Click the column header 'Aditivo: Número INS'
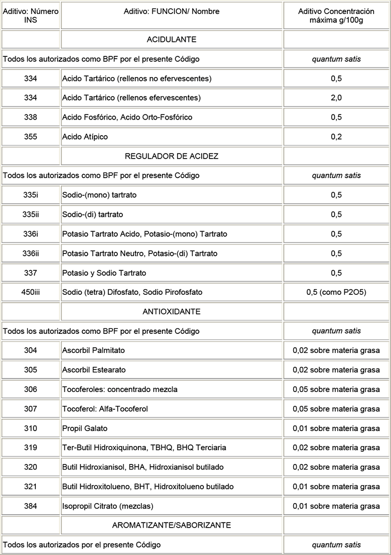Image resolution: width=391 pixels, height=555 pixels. pyautogui.click(x=31, y=15)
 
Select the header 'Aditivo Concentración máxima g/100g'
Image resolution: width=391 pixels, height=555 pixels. pyautogui.click(x=336, y=15)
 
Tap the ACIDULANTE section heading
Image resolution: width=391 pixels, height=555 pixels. pyautogui.click(x=171, y=40)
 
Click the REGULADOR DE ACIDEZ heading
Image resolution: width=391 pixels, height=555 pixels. pyautogui.click(x=171, y=156)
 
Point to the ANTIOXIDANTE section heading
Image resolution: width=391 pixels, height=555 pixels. pyautogui.click(x=171, y=312)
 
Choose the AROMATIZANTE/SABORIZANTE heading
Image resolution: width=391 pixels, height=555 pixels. pyautogui.click(x=171, y=525)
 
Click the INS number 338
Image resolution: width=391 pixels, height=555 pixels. pyautogui.click(x=31, y=117)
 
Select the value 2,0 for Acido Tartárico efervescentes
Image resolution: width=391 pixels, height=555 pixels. pyautogui.click(x=336, y=98)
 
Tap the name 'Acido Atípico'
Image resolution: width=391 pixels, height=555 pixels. pyautogui.click(x=85, y=137)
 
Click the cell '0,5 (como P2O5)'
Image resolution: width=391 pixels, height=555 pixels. pyautogui.click(x=336, y=292)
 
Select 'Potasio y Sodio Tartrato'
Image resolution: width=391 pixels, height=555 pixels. pyautogui.click(x=104, y=273)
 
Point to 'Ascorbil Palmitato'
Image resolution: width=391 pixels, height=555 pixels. pyautogui.click(x=94, y=350)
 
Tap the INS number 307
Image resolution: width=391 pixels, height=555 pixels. pyautogui.click(x=31, y=409)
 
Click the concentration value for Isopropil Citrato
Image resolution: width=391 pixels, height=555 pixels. pyautogui.click(x=336, y=506)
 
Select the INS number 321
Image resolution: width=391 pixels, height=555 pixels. pyautogui.click(x=31, y=487)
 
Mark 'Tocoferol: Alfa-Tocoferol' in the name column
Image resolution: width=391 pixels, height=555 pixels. pyautogui.click(x=105, y=409)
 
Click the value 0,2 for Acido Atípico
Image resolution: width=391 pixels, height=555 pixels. pyautogui.click(x=336, y=137)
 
